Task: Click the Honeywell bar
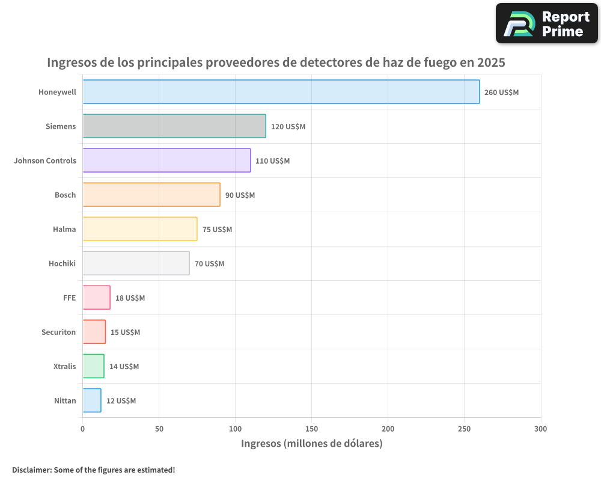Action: click(281, 92)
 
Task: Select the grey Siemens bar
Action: click(174, 126)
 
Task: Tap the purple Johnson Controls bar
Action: click(166, 161)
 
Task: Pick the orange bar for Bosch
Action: click(151, 195)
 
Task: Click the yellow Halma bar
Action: click(139, 229)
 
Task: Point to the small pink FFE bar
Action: click(96, 298)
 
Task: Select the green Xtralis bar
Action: click(93, 366)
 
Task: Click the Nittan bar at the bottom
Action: click(91, 400)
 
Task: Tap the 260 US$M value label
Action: click(501, 93)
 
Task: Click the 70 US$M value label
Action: click(209, 264)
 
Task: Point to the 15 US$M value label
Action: click(125, 332)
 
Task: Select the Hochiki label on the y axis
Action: click(62, 263)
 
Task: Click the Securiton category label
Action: click(58, 332)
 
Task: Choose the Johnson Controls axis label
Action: click(45, 161)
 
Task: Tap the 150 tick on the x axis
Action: click(311, 429)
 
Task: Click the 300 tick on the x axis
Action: click(540, 429)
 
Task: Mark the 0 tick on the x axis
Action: click(82, 429)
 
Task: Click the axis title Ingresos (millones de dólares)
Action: click(311, 444)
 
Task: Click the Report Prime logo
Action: click(547, 23)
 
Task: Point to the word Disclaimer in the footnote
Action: click(31, 470)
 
